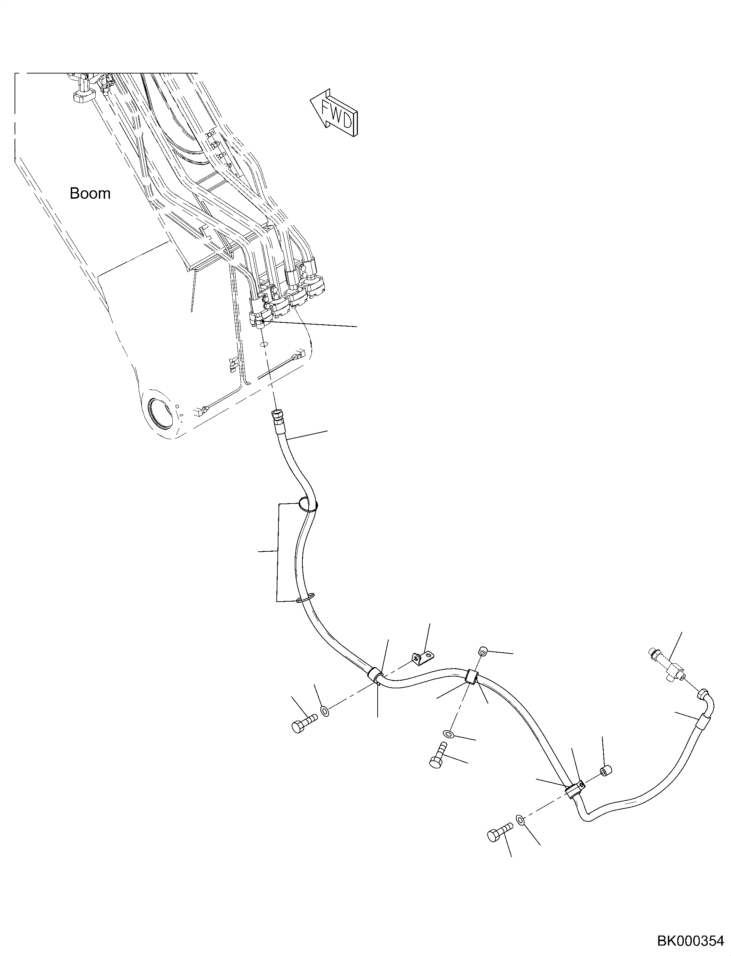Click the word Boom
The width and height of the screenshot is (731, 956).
(90, 193)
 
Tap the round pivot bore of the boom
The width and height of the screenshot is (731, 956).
(160, 410)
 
